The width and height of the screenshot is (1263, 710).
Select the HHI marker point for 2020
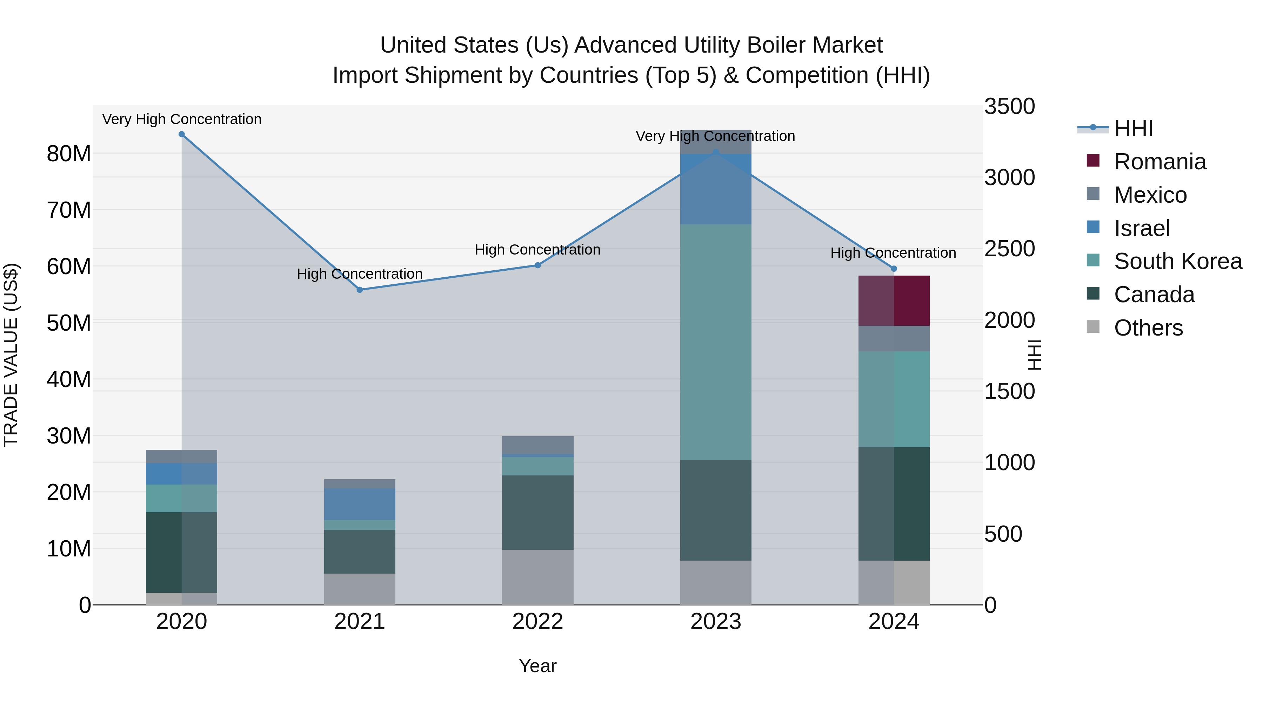[x=181, y=134]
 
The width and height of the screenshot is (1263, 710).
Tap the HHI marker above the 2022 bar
[x=537, y=265]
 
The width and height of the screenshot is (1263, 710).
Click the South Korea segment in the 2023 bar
[x=715, y=342]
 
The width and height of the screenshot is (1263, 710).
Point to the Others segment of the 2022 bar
[x=537, y=577]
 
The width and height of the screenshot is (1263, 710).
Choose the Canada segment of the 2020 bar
[x=181, y=552]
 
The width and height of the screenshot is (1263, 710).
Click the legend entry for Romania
[x=1160, y=162]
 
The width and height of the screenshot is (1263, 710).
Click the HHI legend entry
[x=1133, y=128]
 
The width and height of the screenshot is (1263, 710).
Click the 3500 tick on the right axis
[x=1009, y=107]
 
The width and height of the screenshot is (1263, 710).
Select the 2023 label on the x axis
[x=715, y=622]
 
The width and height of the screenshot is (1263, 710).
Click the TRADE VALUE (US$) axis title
[x=11, y=355]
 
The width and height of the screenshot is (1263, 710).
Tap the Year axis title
[x=537, y=666]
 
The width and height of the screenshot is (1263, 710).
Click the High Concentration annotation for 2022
[x=537, y=250]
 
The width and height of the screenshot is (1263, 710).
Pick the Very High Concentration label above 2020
[x=181, y=119]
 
